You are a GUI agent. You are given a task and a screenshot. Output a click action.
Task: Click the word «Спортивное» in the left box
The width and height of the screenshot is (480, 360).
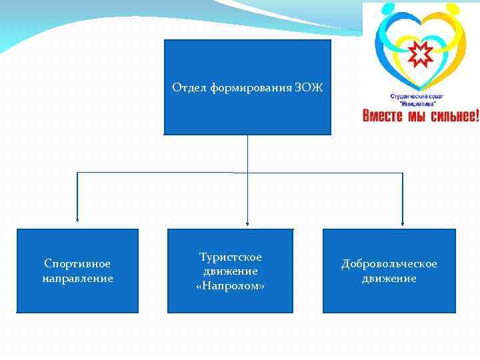pyautogui.click(x=77, y=264)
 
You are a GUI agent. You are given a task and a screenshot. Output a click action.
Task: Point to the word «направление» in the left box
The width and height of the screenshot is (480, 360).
pyautogui.click(x=77, y=278)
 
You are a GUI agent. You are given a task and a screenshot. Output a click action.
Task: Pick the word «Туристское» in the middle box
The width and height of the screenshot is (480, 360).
pyautogui.click(x=231, y=257)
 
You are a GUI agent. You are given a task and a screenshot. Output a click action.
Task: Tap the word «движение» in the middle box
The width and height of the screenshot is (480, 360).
pyautogui.click(x=231, y=271)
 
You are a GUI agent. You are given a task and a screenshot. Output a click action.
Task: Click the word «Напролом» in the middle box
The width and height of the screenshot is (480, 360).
pyautogui.click(x=231, y=286)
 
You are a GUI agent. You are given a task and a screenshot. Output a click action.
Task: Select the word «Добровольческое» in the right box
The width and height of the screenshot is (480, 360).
pyautogui.click(x=389, y=264)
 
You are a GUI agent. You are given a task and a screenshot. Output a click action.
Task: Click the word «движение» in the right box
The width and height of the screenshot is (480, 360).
pyautogui.click(x=389, y=278)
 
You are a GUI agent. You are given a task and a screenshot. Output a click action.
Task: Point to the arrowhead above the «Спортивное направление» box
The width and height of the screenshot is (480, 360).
pyautogui.click(x=77, y=219)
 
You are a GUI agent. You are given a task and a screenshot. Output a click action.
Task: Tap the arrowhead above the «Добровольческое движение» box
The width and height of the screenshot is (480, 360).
pyautogui.click(x=403, y=222)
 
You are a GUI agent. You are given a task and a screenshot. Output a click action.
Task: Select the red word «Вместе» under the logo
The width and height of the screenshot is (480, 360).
pyautogui.click(x=383, y=116)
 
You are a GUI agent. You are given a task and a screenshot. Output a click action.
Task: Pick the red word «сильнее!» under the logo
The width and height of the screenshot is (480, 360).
pyautogui.click(x=453, y=116)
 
